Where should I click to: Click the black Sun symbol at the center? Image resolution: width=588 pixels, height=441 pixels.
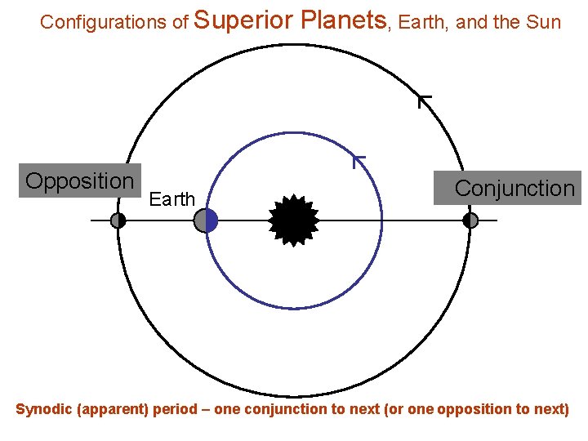pos(294,220)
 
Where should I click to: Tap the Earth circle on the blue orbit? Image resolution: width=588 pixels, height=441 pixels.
pos(206,220)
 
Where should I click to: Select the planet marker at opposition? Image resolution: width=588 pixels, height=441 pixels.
pos(118,220)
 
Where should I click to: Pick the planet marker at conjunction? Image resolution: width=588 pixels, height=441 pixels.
pos(470,220)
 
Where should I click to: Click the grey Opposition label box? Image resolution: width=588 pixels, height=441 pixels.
pos(80,180)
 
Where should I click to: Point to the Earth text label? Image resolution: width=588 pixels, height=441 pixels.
pos(173,199)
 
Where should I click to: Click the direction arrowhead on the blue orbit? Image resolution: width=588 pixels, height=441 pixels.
pos(358,160)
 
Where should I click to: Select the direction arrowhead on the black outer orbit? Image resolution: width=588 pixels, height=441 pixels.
pos(424,101)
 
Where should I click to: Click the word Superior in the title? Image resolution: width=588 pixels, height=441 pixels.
pos(247,20)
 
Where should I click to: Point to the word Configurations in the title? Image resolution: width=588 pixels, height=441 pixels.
pos(105,22)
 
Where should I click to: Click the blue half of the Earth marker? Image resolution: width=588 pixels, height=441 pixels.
pos(212,220)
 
